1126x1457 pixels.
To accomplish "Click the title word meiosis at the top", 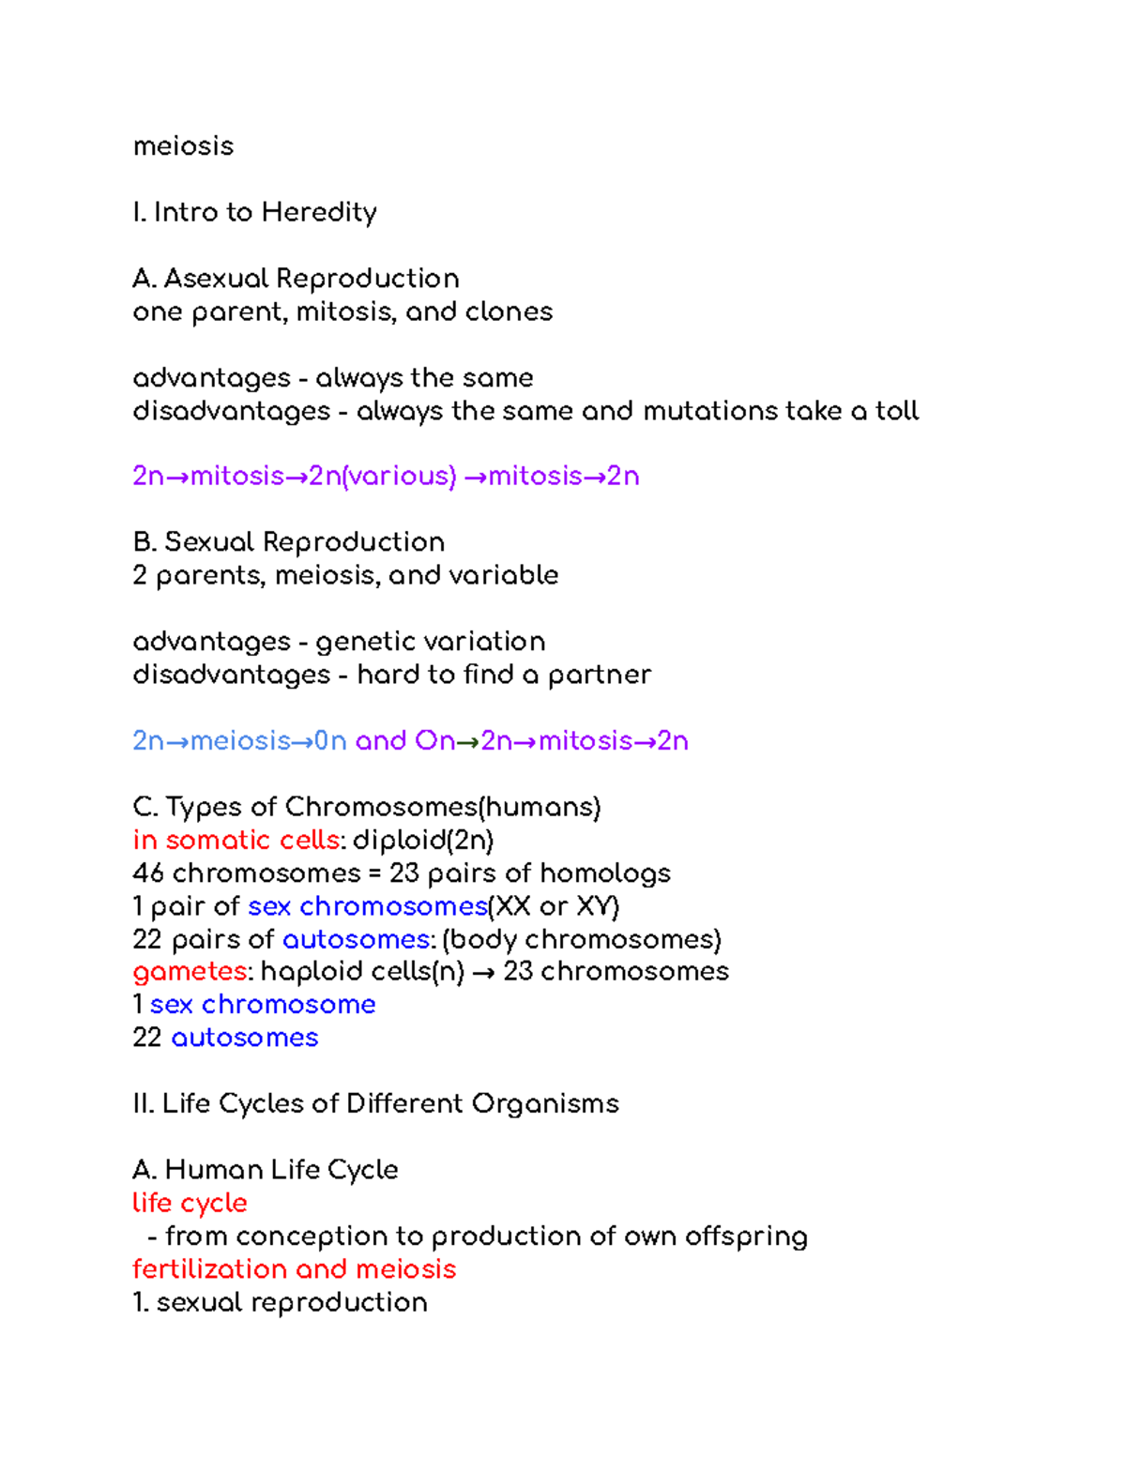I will click(x=183, y=146).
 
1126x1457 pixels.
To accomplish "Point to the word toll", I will click(x=897, y=411).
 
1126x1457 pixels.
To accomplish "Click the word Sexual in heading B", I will click(x=210, y=542).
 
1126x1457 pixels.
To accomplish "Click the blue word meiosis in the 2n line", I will click(x=240, y=741).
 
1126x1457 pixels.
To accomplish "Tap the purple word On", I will click(x=434, y=741).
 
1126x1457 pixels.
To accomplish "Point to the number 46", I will click(x=148, y=873).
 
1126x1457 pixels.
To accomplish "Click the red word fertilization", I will click(x=209, y=1269).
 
